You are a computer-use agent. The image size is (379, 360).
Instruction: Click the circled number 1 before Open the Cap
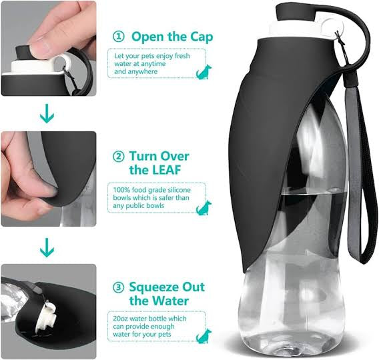click(117, 36)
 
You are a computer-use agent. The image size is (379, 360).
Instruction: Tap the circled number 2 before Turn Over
click(118, 157)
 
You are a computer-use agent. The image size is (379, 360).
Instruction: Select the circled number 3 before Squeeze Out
click(117, 287)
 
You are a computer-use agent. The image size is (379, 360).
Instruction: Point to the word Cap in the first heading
click(197, 36)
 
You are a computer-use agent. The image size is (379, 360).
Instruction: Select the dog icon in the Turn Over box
click(204, 208)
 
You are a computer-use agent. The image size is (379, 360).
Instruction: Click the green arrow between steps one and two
click(47, 115)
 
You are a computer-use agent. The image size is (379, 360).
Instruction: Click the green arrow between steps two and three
click(47, 249)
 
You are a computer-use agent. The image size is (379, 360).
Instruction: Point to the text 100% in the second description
click(122, 191)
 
